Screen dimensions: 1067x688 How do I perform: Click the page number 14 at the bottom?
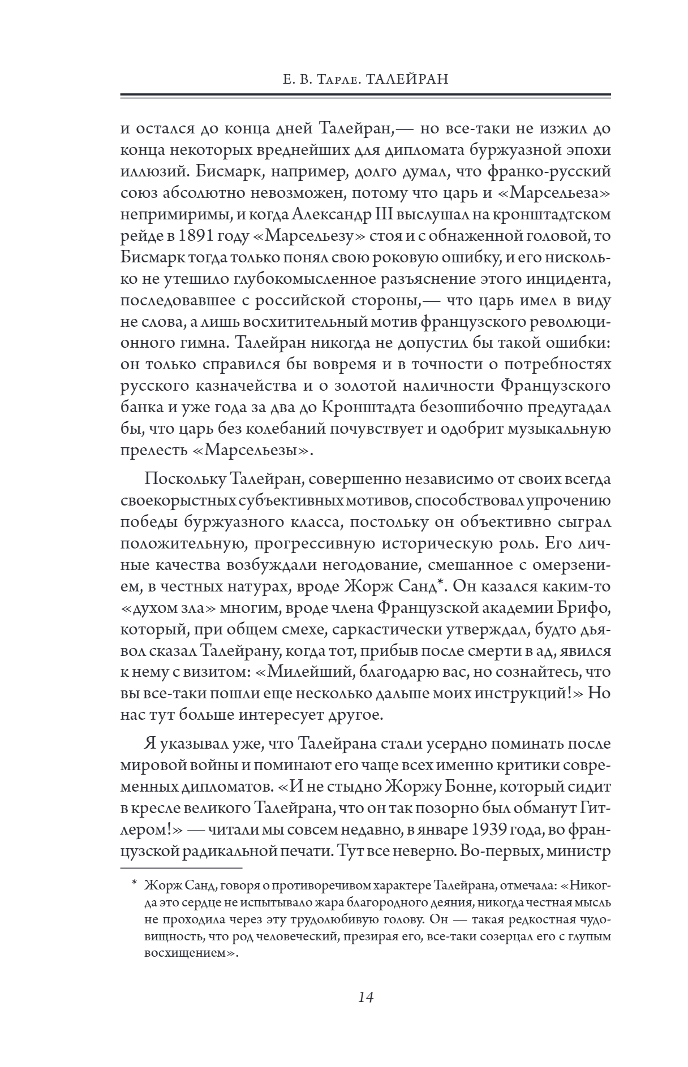pos(365,997)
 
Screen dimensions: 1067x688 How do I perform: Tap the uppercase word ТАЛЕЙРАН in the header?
pos(403,79)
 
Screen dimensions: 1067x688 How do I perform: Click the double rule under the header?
pos(365,96)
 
